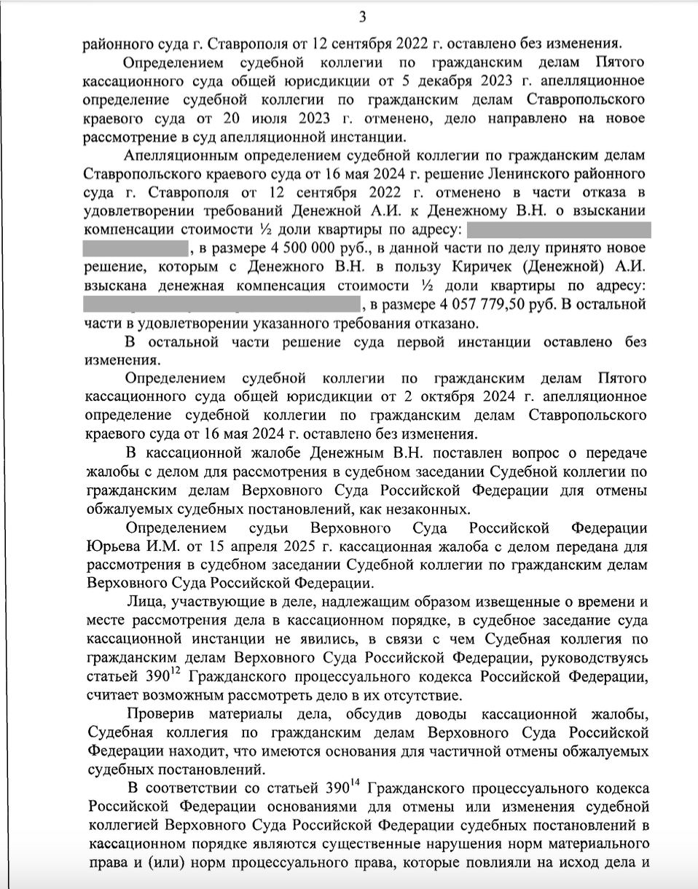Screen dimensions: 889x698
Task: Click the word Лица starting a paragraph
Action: tap(146, 603)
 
